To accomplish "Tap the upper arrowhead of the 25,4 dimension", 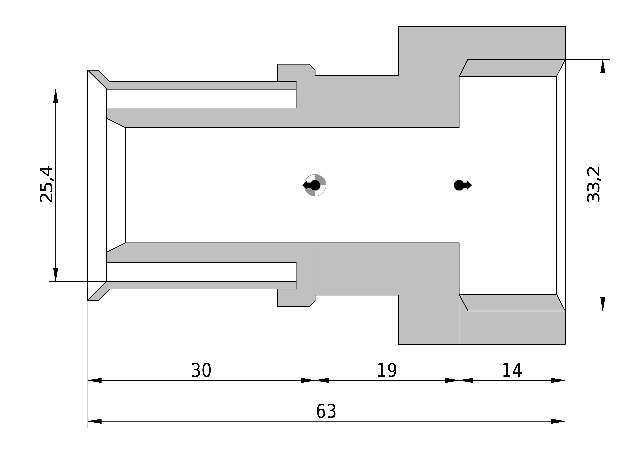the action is [56, 96].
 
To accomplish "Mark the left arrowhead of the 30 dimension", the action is [95, 380].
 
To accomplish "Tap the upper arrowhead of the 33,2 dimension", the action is [603, 67].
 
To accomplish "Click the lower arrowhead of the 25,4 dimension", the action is [56, 274].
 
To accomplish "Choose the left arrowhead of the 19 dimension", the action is [322, 380].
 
